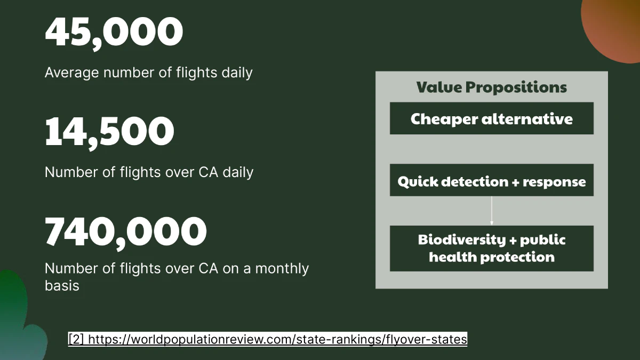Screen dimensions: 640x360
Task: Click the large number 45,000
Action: click(114, 33)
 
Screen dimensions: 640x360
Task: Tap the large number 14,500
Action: click(109, 133)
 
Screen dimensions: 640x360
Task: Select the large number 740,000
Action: click(126, 233)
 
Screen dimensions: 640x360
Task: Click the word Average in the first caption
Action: click(71, 73)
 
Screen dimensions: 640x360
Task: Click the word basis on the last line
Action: click(62, 286)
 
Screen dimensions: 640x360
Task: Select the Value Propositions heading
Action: click(491, 87)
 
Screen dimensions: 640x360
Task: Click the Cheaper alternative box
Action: click(491, 118)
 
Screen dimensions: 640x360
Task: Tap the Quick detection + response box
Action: click(491, 180)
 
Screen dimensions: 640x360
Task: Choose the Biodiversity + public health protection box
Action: click(491, 249)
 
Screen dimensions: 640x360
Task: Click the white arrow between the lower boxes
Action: click(492, 211)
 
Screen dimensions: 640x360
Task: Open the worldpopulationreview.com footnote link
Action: click(277, 339)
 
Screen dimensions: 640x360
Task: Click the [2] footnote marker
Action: click(76, 339)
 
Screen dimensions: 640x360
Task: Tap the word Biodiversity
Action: click(462, 239)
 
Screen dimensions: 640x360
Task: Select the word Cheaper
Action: click(444, 119)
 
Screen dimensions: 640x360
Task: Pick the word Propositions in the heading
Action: click(516, 87)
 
